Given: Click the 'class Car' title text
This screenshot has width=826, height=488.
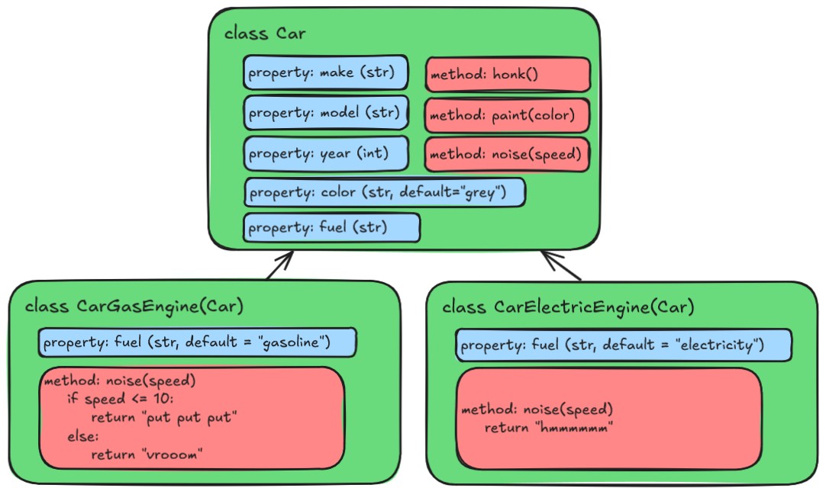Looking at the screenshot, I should (x=265, y=34).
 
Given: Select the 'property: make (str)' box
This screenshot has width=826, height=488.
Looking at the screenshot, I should (x=326, y=73).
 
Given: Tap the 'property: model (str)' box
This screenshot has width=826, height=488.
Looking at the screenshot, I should (x=326, y=114).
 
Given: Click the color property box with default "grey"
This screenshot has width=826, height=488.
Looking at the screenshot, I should (x=385, y=191).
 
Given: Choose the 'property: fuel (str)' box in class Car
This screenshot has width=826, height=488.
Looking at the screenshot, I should (x=331, y=227).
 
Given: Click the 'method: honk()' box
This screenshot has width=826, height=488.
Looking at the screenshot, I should (x=508, y=75).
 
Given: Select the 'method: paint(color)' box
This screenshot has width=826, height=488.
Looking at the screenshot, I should (x=508, y=116).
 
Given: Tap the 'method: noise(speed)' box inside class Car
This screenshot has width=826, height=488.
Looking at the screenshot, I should (x=508, y=154).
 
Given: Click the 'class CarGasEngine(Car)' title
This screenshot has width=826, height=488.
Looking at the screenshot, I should (x=134, y=307).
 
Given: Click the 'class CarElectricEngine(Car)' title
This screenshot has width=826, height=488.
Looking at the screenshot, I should (x=568, y=307).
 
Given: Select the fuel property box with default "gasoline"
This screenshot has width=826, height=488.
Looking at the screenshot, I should (x=197, y=343).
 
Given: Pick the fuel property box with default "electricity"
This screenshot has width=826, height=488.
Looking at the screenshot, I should (x=623, y=346).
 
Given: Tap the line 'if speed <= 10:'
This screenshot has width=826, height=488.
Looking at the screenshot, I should (x=121, y=399).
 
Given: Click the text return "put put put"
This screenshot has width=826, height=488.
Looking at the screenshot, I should (x=164, y=418).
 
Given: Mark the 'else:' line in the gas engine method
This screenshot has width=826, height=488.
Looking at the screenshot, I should (x=83, y=437).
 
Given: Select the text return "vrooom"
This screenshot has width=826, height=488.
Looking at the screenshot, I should (x=148, y=455).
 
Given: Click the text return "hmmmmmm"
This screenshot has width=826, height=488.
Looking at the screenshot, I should (x=550, y=428).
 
